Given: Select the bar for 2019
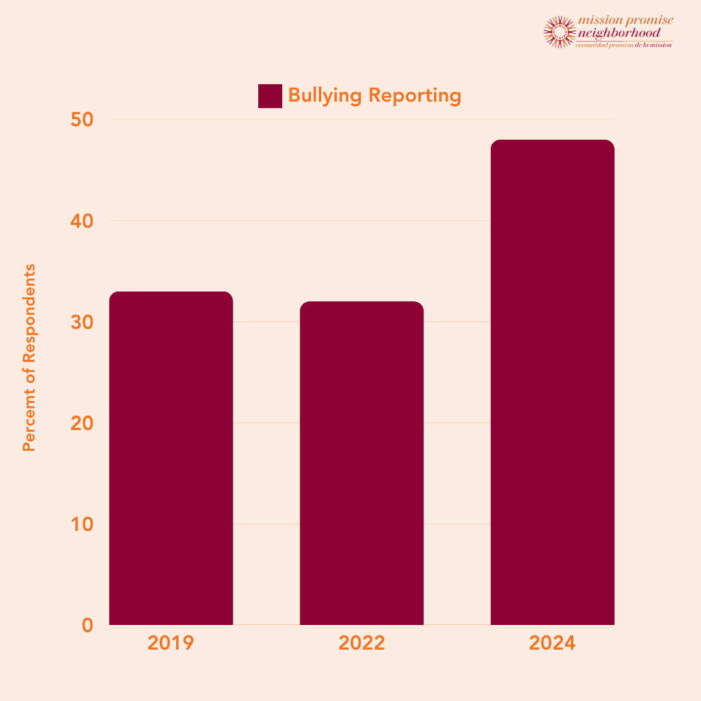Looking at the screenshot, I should (x=171, y=458).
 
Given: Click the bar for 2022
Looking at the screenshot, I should (x=361, y=463).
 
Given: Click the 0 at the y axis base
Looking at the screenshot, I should (x=87, y=624).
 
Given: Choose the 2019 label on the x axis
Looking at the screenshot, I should (x=171, y=643).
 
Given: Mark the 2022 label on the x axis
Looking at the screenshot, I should (x=361, y=643).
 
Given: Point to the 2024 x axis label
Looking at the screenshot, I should (x=552, y=643).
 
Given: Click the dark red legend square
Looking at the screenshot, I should (x=270, y=96).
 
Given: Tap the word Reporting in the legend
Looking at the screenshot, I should (x=414, y=95).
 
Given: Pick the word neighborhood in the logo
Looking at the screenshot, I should (x=620, y=32).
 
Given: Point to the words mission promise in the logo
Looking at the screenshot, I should (x=625, y=21).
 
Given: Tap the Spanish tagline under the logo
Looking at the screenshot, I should (x=624, y=44).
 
